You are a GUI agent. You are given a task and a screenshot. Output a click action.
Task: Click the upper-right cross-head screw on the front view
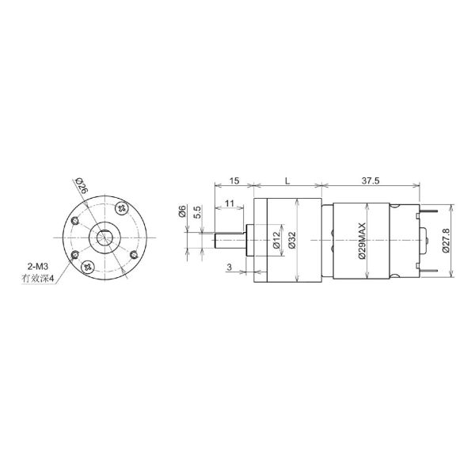coord(122,208)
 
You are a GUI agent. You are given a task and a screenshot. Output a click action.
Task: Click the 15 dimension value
coord(233,181)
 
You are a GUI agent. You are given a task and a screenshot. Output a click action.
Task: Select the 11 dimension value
coord(229,203)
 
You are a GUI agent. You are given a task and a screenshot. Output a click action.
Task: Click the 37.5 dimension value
coord(370,181)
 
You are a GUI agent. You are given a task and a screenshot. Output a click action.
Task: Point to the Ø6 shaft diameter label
coord(182,211)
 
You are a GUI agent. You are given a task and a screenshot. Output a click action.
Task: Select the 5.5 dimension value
coord(196,213)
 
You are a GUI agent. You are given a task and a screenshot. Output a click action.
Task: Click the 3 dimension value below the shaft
coord(229,268)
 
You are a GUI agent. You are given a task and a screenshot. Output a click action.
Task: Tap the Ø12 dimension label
coord(276,240)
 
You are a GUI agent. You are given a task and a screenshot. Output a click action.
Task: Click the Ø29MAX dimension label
coord(362,240)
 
